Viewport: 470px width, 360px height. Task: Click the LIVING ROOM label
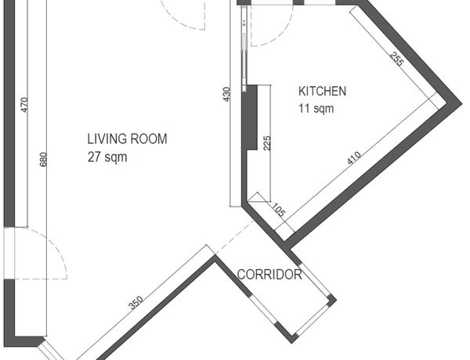127,139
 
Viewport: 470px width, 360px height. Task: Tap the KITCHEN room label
322,91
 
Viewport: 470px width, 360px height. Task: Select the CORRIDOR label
269,275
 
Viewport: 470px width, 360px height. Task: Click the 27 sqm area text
107,157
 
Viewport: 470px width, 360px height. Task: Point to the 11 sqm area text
316,108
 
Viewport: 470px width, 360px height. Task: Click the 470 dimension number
24,105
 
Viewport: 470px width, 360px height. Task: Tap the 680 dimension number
43,160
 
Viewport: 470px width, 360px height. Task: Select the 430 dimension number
227,94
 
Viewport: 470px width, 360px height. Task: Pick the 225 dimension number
266,143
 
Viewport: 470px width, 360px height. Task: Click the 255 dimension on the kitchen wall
397,59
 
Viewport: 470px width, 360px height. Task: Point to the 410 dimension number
354,158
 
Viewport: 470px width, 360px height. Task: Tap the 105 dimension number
279,210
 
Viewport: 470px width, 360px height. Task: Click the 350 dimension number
136,303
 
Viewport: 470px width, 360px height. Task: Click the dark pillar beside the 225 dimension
250,117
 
